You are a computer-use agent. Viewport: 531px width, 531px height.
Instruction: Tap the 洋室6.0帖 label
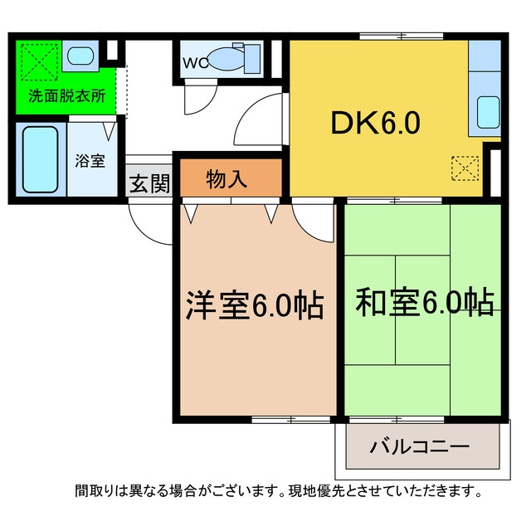point(253,306)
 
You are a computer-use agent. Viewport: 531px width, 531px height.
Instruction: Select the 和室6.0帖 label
point(424,302)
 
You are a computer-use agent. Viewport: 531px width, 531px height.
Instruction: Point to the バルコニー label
point(419,446)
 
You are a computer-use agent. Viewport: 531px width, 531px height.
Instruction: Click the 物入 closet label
point(227,178)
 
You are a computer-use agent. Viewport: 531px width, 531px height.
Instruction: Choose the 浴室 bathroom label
point(90,160)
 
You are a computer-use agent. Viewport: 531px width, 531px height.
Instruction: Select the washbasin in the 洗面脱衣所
point(80,56)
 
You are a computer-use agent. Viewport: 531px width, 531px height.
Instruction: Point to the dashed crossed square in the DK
point(465,168)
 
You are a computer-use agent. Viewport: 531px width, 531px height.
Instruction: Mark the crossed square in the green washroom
point(38,59)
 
